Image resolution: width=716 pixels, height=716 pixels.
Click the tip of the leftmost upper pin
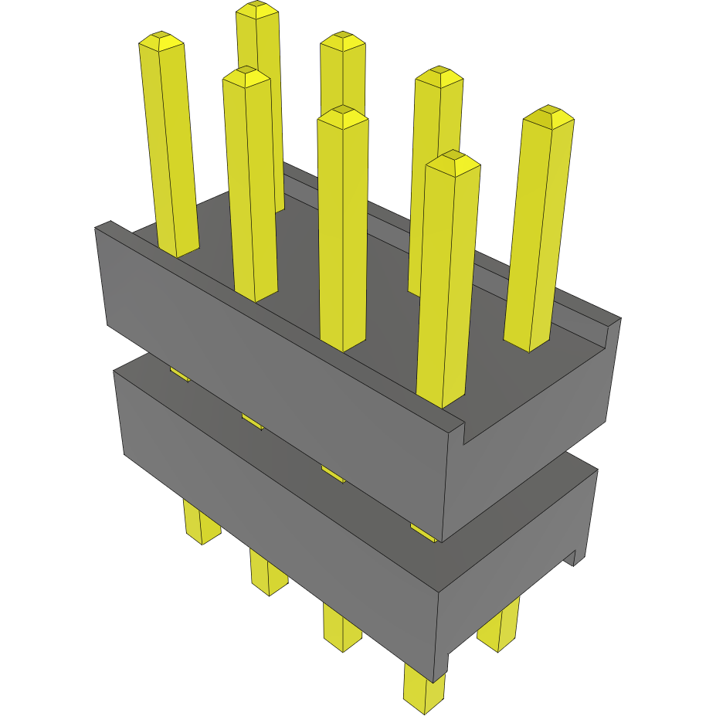pos(161,39)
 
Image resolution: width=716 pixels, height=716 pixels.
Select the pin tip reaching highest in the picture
pos(257,8)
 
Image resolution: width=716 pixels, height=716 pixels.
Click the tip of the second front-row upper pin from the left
pos(246,76)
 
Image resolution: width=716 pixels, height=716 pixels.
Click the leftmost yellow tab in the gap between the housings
pos(179,375)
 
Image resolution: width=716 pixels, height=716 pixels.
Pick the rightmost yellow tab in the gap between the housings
pos(423,532)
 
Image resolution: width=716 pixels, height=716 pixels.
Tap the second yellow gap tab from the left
pos(252,421)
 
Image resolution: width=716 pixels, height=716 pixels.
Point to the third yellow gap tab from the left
pos(333,474)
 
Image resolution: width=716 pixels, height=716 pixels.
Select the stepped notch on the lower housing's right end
pos(574,556)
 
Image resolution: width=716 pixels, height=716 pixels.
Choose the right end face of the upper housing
pos(533,440)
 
